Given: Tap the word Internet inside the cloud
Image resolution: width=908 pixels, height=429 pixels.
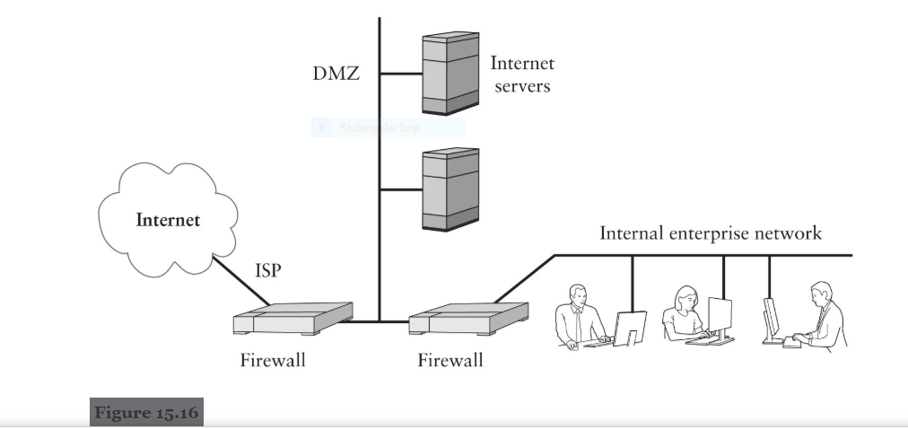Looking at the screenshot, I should click(168, 219).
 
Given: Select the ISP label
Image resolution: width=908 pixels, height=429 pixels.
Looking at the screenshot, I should click(268, 270).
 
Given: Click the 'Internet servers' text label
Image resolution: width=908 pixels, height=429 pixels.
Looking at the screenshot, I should click(522, 74).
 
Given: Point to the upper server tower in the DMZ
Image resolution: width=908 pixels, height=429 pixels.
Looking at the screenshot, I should click(450, 74).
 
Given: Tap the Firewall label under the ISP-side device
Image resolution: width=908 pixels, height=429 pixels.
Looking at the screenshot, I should click(273, 361).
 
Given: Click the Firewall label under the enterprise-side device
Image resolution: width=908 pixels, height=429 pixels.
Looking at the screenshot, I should click(450, 361).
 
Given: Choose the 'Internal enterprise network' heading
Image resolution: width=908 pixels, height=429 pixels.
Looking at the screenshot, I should click(710, 234).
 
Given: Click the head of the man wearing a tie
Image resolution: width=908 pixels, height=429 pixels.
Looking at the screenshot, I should click(579, 296).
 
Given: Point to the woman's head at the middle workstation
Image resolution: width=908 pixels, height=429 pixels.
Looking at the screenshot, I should click(686, 297).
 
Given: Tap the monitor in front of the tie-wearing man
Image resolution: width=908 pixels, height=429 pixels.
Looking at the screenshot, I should click(630, 327).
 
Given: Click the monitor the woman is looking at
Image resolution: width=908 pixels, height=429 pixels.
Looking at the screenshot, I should click(720, 315).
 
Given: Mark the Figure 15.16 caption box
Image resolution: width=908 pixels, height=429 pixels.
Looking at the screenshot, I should click(147, 412).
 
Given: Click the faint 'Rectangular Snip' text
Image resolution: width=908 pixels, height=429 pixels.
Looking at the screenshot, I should click(379, 127).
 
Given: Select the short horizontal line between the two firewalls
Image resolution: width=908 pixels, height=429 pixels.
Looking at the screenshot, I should click(380, 321).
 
